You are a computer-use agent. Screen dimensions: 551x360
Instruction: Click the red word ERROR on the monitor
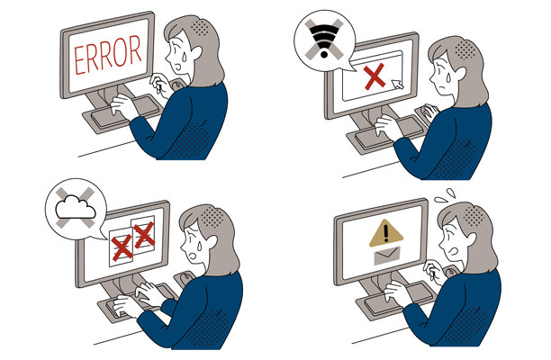click(x=107, y=54)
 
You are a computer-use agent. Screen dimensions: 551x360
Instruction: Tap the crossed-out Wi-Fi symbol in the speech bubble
click(x=324, y=39)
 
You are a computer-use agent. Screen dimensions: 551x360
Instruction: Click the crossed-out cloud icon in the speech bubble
click(x=76, y=208)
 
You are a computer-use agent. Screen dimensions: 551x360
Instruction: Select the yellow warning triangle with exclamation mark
click(x=386, y=233)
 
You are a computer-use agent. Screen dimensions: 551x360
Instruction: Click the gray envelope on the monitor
click(x=387, y=256)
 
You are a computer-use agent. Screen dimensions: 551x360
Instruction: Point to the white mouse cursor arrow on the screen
click(x=397, y=85)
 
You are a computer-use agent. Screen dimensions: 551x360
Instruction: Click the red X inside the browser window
click(x=375, y=76)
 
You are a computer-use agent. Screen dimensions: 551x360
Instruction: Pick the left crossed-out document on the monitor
click(x=122, y=247)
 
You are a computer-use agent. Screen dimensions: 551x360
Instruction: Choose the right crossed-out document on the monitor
click(x=143, y=235)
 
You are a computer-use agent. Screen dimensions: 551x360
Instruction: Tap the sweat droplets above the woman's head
click(x=446, y=196)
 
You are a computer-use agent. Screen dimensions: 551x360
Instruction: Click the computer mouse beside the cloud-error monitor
click(x=185, y=278)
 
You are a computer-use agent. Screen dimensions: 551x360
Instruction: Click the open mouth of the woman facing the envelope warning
click(x=455, y=251)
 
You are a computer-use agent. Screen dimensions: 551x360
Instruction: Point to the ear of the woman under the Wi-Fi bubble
click(x=460, y=74)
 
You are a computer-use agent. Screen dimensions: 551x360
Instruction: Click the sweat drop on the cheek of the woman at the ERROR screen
click(x=182, y=55)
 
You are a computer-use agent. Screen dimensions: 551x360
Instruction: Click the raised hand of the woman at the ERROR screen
click(x=160, y=85)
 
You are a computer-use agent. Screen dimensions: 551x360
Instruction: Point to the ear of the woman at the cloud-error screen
click(x=211, y=242)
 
